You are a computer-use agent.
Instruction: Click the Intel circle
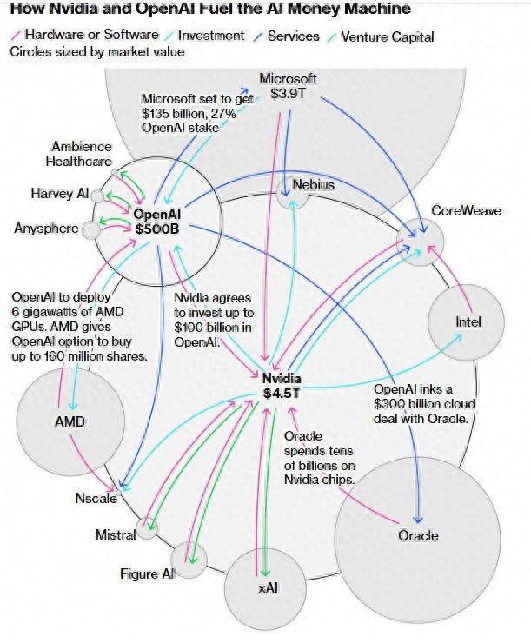pos(468,322)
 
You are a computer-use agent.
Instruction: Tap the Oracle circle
pos(418,535)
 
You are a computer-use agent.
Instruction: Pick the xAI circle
pos(267,588)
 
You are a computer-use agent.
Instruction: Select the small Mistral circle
pos(148,527)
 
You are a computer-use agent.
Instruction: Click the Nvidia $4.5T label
pos(282,385)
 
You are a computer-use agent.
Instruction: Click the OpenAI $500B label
pos(157,221)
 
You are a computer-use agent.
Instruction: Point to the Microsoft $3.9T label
pos(288,86)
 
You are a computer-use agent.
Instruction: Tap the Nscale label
pos(96,499)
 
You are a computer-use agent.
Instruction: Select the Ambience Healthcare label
pos(79,154)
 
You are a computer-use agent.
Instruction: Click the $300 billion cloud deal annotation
pos(425,403)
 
